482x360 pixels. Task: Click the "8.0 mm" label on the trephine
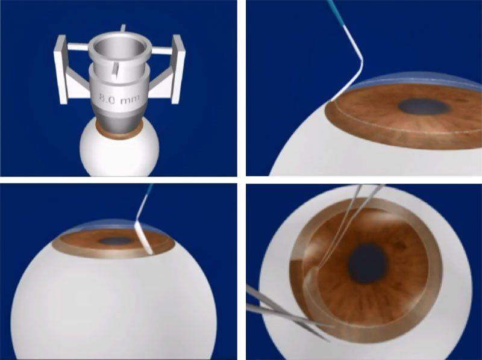tap(119, 99)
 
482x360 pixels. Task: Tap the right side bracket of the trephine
tap(178, 69)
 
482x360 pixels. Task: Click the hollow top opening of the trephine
tap(119, 49)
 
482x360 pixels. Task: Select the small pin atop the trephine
tap(123, 28)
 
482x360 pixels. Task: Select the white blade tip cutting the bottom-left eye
tap(144, 238)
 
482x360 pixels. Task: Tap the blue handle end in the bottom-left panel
tap(149, 190)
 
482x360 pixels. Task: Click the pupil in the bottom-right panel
tap(368, 263)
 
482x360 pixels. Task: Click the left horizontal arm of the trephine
tap(78, 47)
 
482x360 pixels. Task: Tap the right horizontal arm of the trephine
tap(161, 51)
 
